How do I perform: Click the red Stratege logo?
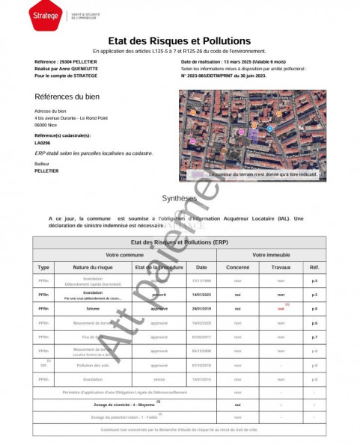tap(46, 14)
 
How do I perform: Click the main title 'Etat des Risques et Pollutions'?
tap(180, 41)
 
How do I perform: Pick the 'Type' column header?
tap(43, 267)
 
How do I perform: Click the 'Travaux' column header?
tap(281, 267)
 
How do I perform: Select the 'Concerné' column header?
tap(238, 267)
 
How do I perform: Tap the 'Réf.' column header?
tap(314, 267)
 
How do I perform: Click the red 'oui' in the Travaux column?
tap(281, 308)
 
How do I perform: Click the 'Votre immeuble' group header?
tap(272, 255)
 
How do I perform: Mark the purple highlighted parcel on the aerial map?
tap(254, 132)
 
